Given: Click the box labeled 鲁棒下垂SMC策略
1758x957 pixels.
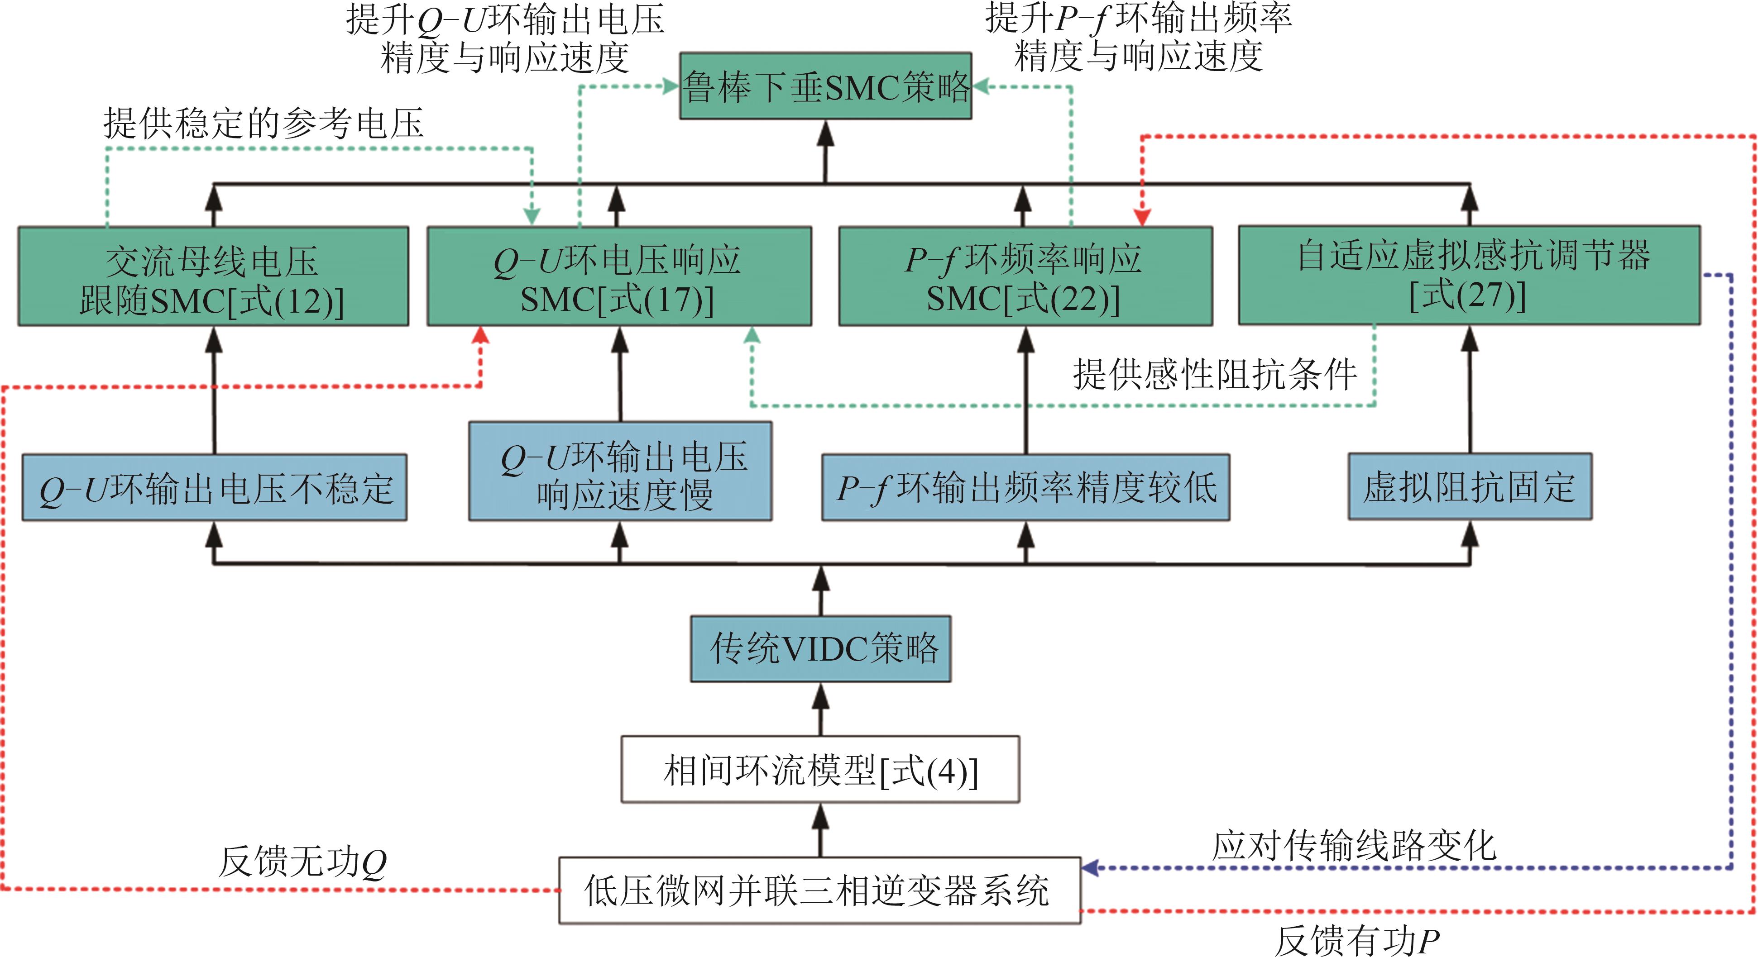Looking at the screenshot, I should coord(825,86).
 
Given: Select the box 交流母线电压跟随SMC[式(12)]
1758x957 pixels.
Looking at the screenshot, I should coord(213,277).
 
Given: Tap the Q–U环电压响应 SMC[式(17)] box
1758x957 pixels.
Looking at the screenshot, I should coord(619,277).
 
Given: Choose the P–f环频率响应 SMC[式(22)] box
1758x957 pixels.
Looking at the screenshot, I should coord(1025,277).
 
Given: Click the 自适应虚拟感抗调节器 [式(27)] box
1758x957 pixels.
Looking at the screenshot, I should coord(1469,276).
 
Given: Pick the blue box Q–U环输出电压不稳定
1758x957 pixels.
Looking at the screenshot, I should coord(214,488).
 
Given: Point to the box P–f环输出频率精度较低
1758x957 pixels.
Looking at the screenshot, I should coord(1025,488).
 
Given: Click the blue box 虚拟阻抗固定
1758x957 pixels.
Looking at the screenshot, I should coord(1469,487).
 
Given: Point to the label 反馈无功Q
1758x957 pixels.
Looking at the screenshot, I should coord(302,862).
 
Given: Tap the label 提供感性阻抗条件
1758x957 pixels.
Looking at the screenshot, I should coord(1215,375).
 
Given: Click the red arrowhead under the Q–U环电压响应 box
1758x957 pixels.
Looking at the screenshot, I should coord(481,335).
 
